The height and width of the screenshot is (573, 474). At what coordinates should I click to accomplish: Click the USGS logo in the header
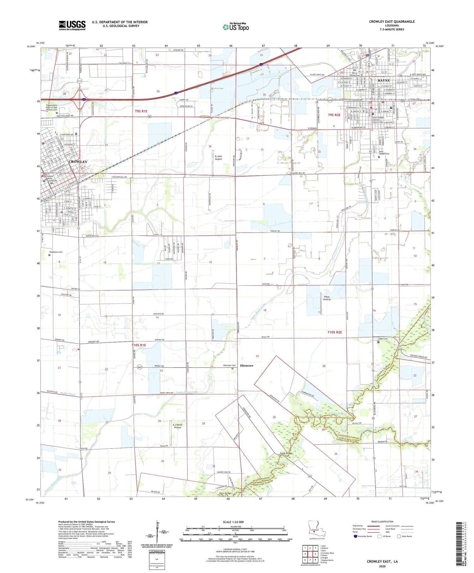point(72,25)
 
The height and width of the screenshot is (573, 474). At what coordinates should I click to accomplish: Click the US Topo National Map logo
point(235,27)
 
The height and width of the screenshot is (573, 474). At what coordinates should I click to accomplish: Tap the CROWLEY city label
point(78,162)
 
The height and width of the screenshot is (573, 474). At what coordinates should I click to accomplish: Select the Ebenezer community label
point(246,366)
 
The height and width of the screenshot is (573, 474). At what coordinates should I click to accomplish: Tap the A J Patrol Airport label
point(177,426)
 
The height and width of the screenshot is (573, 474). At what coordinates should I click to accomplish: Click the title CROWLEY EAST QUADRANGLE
point(392,21)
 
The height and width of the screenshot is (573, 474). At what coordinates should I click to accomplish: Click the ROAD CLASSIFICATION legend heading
point(382,521)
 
